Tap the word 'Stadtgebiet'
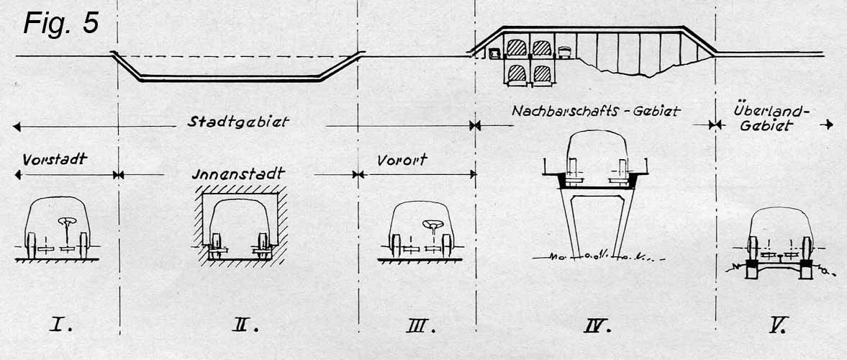(238, 122)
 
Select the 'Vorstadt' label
(55, 159)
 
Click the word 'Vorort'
(402, 159)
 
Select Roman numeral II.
(246, 325)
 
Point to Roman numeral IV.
(597, 325)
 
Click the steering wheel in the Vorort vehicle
(433, 224)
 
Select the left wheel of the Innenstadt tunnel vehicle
(217, 246)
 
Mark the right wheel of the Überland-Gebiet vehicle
(807, 248)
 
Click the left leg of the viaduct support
(569, 222)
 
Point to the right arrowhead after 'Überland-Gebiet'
(828, 125)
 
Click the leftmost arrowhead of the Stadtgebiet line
(17, 127)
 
